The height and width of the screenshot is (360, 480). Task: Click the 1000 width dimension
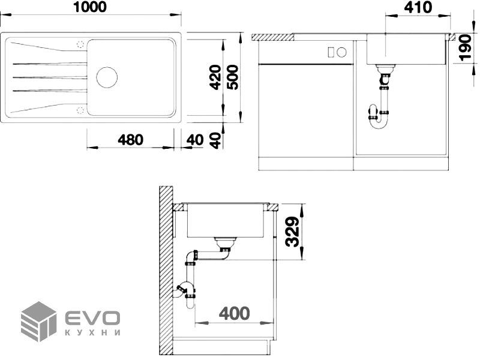click(x=91, y=7)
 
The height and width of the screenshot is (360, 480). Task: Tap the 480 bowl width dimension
click(x=130, y=140)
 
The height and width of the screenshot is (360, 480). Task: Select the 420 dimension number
click(x=215, y=77)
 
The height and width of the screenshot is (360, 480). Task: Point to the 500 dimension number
click(x=232, y=77)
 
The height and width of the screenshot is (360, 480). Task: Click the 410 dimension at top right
click(x=418, y=7)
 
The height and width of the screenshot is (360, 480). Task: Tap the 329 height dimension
click(x=292, y=232)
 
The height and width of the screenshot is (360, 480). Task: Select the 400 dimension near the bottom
click(x=234, y=313)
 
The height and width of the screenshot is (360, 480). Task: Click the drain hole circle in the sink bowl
click(x=107, y=77)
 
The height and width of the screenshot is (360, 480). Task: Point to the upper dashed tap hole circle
click(x=80, y=44)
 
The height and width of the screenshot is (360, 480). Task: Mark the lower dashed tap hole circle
click(x=80, y=110)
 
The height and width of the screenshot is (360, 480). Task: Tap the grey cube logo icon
click(x=38, y=321)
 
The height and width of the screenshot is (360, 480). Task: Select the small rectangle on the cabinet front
click(x=331, y=52)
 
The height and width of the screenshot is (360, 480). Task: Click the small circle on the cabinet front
click(x=341, y=52)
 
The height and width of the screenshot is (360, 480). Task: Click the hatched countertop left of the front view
click(x=273, y=37)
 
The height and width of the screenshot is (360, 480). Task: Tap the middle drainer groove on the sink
click(x=50, y=77)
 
